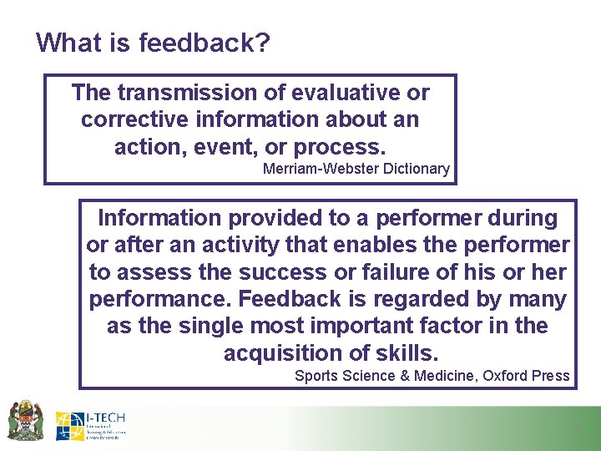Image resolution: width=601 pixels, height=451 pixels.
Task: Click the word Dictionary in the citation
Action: point(412,169)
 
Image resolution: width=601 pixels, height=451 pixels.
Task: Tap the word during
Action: point(520,218)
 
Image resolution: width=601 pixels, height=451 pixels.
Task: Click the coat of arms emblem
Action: point(25,420)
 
